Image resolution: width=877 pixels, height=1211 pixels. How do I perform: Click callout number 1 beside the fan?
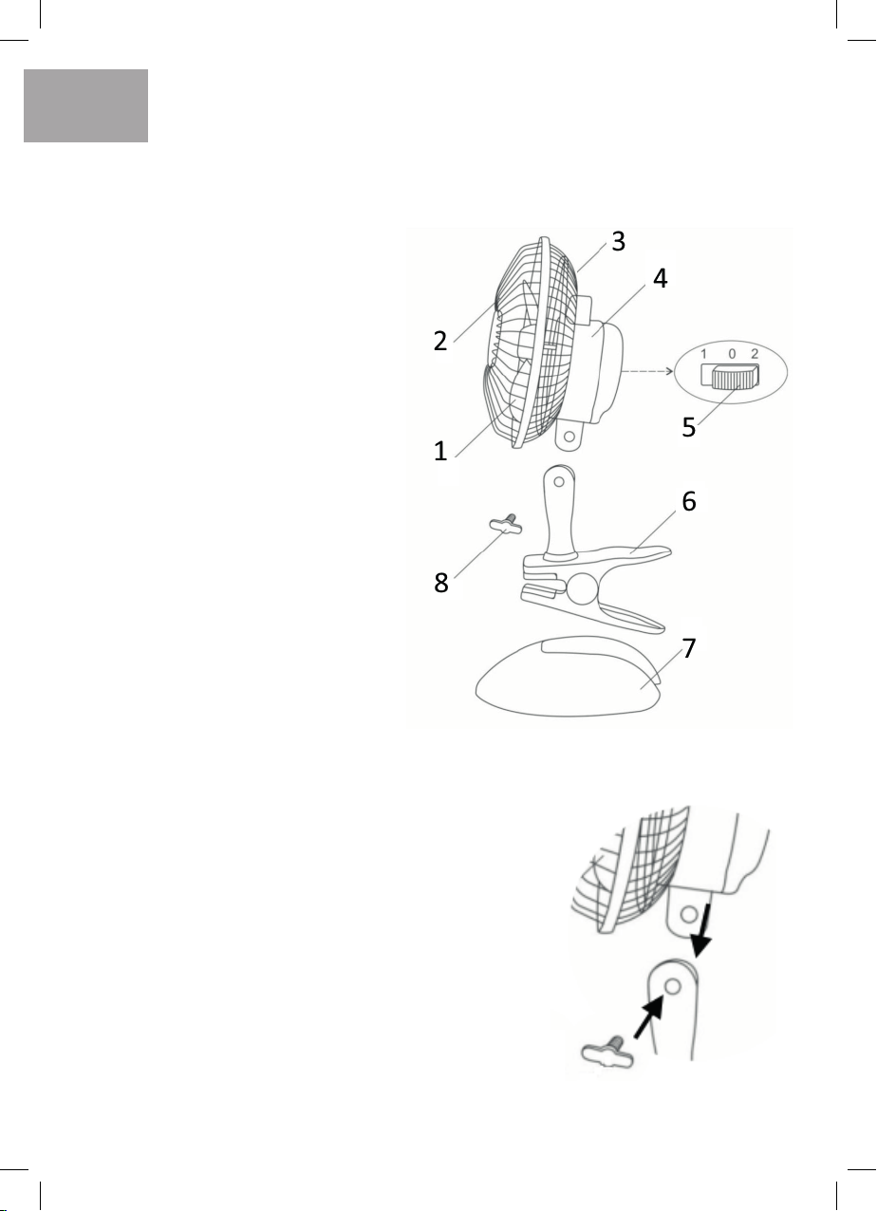[440, 452]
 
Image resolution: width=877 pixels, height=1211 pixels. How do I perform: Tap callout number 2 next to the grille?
[440, 341]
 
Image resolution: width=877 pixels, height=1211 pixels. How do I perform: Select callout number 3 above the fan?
[618, 241]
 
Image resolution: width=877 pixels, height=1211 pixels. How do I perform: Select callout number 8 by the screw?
[441, 584]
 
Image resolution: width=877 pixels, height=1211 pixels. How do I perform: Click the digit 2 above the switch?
[754, 354]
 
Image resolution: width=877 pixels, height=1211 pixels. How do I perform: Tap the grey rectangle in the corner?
[86, 105]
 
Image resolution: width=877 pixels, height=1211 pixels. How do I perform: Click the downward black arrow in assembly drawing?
[703, 940]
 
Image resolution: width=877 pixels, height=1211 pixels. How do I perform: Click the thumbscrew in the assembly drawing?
[604, 1049]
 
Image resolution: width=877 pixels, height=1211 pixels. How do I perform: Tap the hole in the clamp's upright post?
[560, 482]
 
